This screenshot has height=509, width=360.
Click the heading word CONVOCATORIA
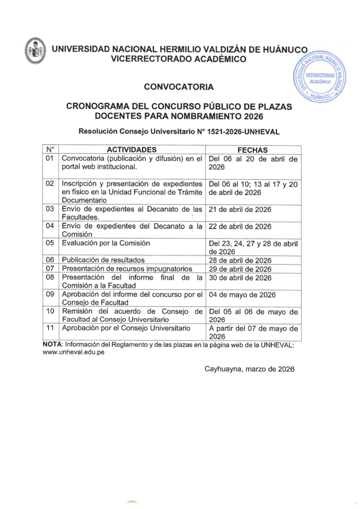point(179,87)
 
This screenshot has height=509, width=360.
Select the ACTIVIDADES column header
point(132,149)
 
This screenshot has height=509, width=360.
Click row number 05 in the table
point(49,243)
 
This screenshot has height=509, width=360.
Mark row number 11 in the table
point(49,328)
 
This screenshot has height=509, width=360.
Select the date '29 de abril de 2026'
point(240,269)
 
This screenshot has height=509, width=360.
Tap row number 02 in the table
point(49,183)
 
